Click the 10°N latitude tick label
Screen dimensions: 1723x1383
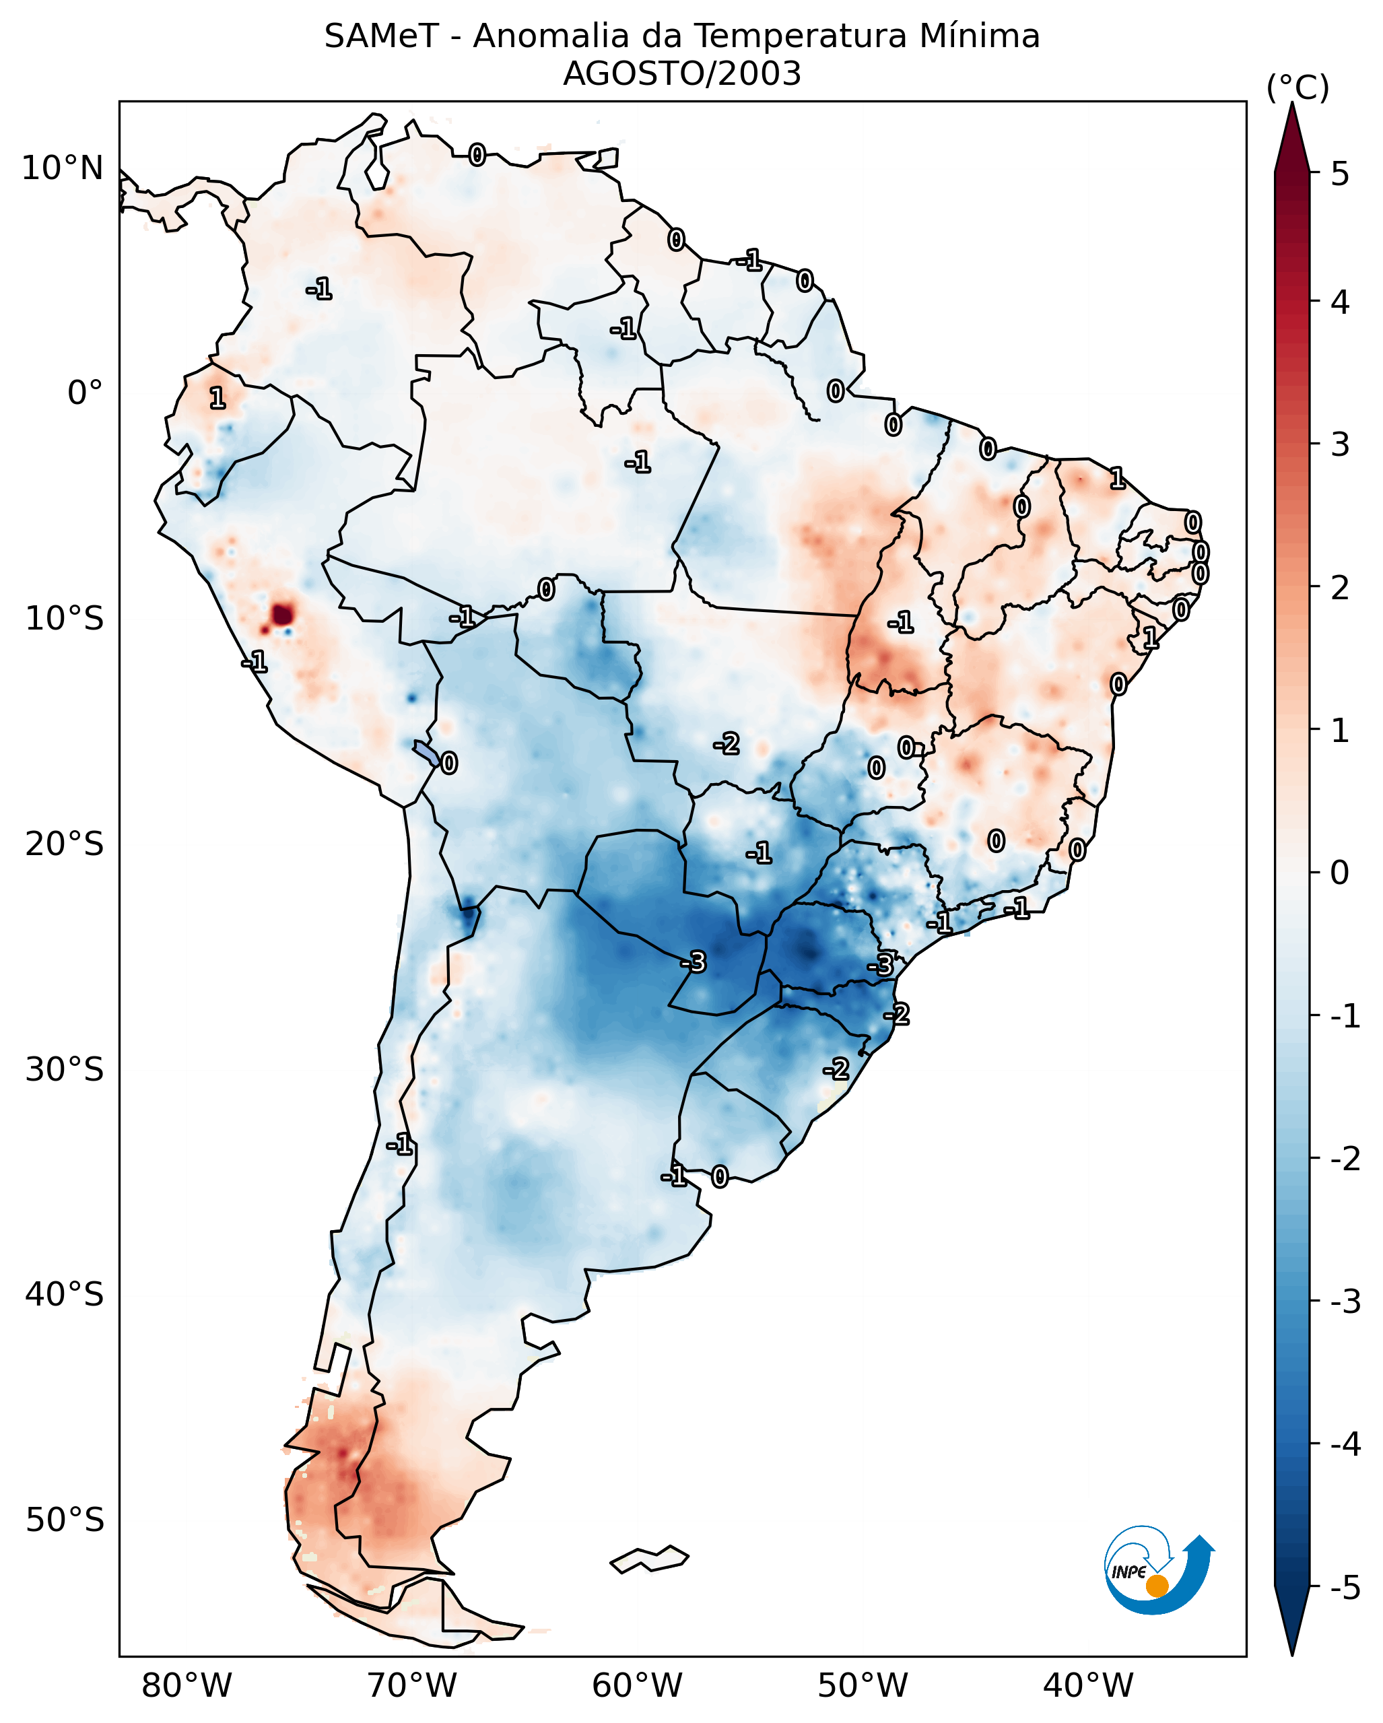click(x=63, y=168)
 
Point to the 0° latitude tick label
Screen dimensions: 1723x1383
click(x=85, y=393)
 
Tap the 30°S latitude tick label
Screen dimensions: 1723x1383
click(x=64, y=1069)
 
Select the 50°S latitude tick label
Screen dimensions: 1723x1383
click(x=64, y=1520)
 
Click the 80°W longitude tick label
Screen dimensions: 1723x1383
click(x=186, y=1686)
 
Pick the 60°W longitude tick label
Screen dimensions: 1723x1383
click(x=637, y=1686)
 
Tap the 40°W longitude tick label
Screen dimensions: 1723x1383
click(x=1087, y=1686)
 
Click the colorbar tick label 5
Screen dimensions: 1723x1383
click(x=1340, y=174)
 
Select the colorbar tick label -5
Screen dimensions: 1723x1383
click(x=1345, y=1588)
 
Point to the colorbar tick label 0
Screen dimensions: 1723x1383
click(x=1340, y=872)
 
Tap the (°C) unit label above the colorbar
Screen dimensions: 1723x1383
click(x=1297, y=88)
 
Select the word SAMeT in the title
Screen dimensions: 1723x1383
click(x=381, y=37)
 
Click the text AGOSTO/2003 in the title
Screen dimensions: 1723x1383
click(x=681, y=74)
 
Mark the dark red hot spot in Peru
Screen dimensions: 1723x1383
click(x=282, y=615)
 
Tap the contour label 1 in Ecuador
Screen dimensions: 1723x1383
click(x=217, y=397)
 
